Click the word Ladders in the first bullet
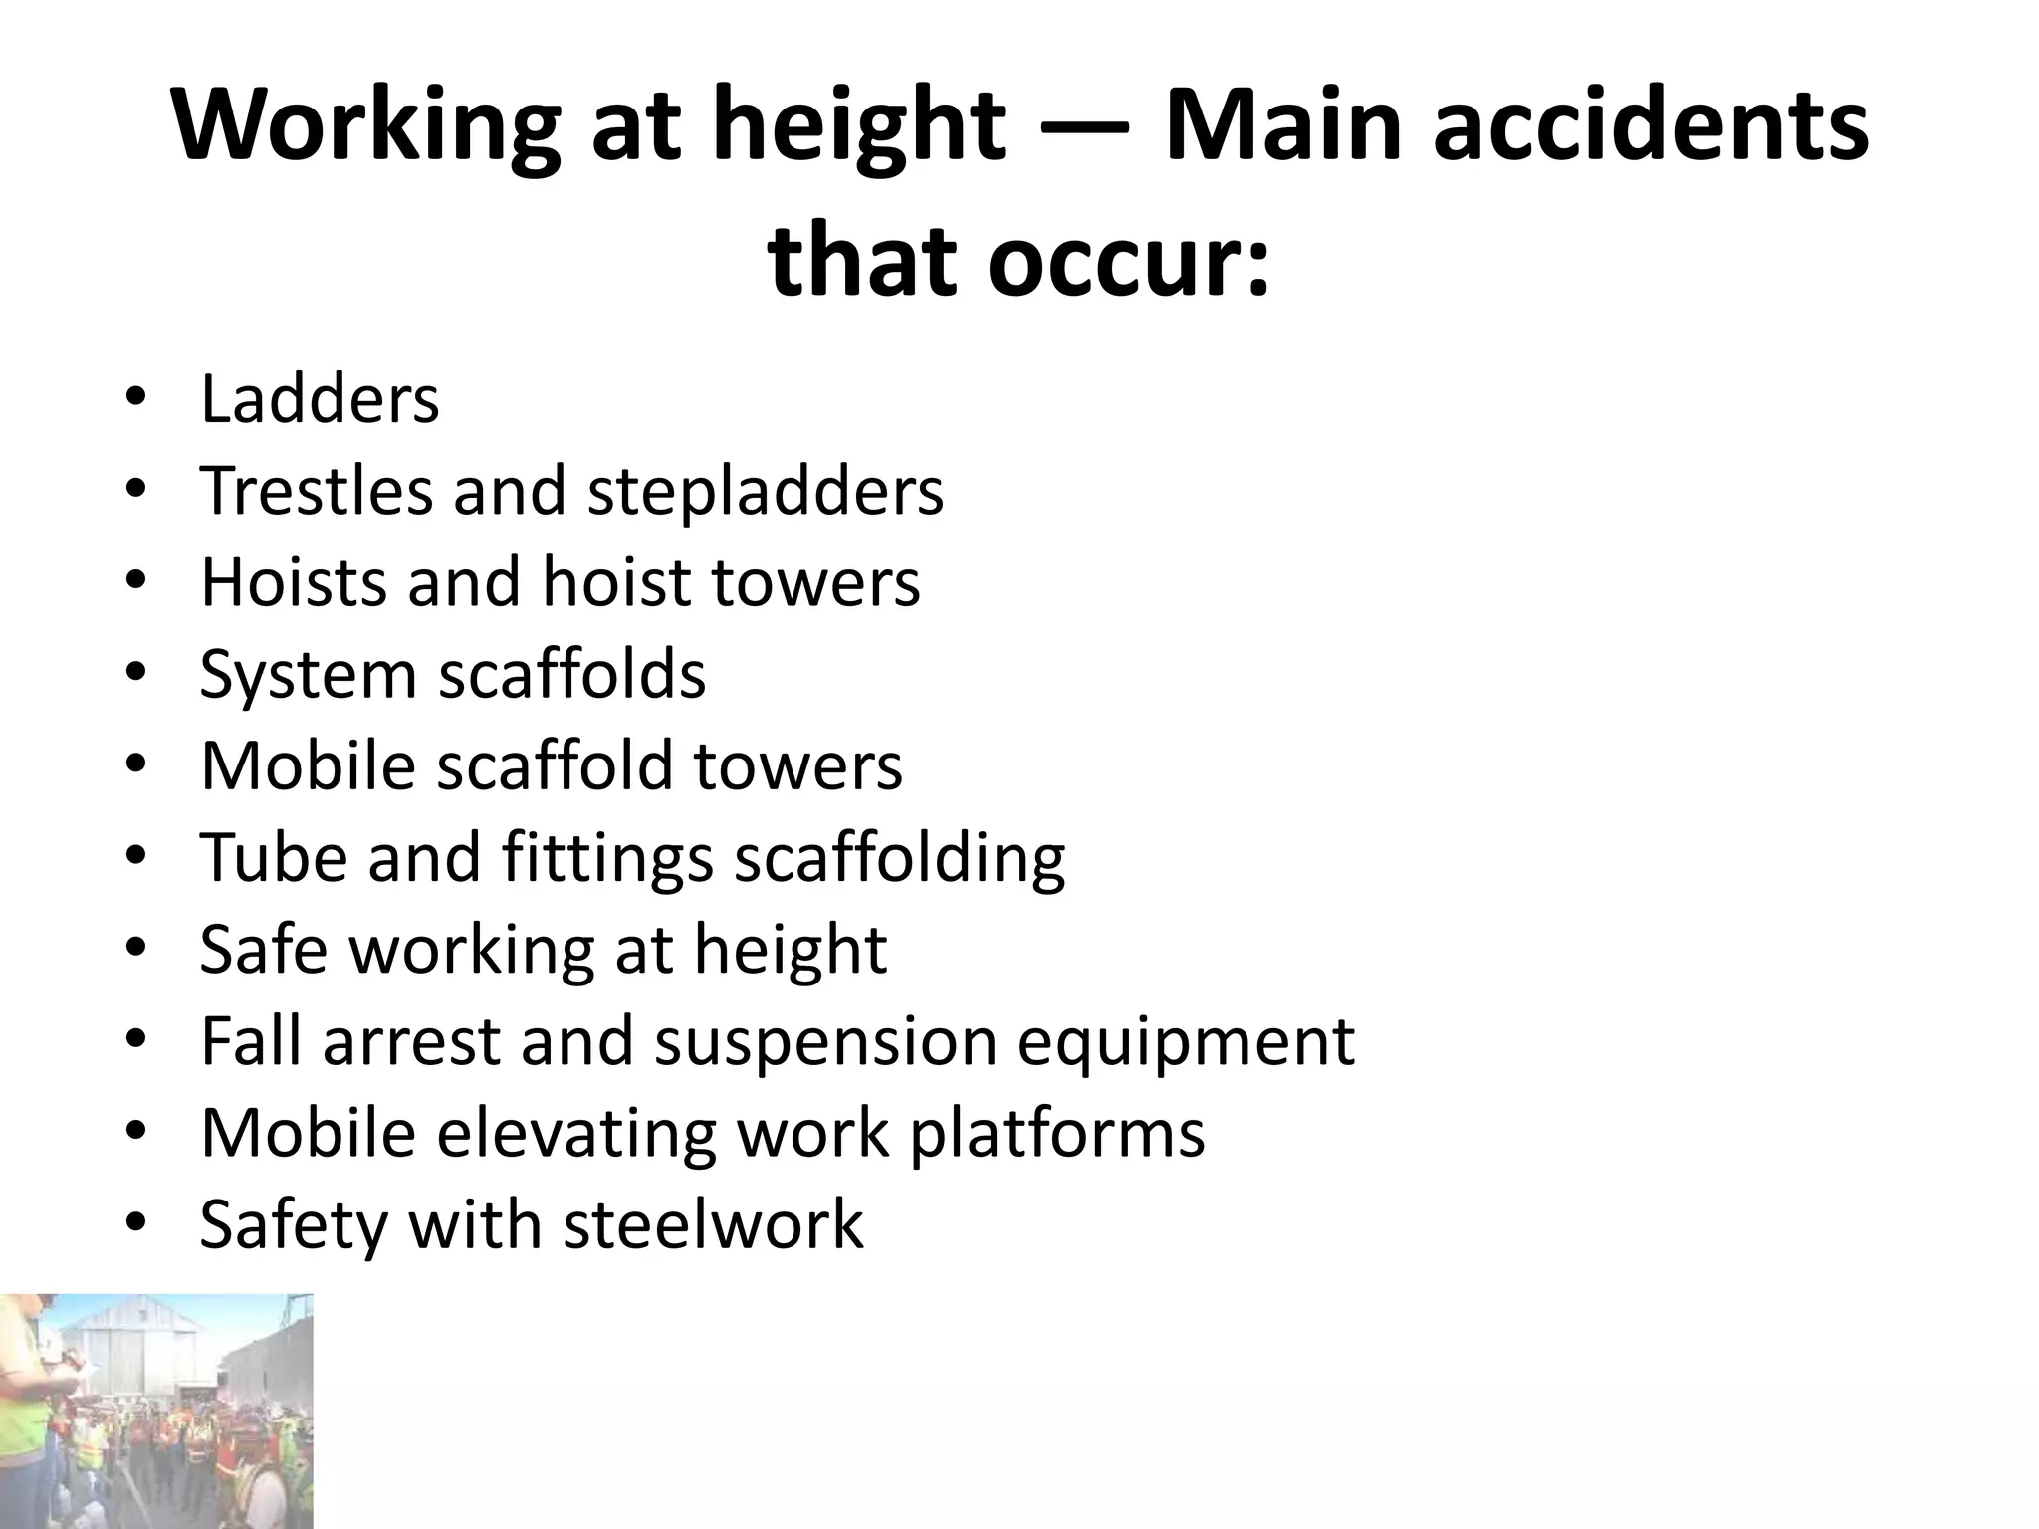pyautogui.click(x=320, y=399)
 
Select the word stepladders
pyautogui.click(x=765, y=493)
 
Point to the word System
pyautogui.click(x=307, y=676)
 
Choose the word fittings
pyautogui.click(x=607, y=859)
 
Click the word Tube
pyautogui.click(x=274, y=857)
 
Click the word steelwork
pyautogui.click(x=713, y=1224)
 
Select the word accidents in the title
pyautogui.click(x=1650, y=125)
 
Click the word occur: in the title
pyautogui.click(x=1131, y=261)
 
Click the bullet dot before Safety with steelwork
pyautogui.click(x=136, y=1224)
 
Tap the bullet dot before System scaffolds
pyautogui.click(x=136, y=674)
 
